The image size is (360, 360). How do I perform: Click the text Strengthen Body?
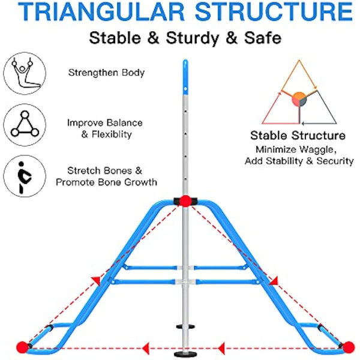point(106,73)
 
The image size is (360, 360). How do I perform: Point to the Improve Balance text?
point(106,123)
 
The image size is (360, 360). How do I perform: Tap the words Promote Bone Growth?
point(106,182)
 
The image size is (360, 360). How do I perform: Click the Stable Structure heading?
point(298,136)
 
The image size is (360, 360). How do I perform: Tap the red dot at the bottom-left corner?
point(23,347)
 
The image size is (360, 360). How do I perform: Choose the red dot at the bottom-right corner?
point(347,347)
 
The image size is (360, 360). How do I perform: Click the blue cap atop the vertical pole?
point(185,67)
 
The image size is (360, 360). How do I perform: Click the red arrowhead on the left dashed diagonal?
point(95,280)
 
